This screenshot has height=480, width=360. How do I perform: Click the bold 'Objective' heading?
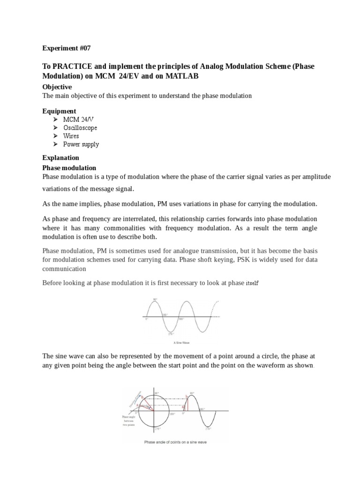57,87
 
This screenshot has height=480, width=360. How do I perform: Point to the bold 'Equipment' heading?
59,111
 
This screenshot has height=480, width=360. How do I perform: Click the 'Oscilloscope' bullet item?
81,128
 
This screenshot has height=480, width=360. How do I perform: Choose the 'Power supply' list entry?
81,144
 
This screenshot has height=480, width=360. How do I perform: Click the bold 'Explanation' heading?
61,157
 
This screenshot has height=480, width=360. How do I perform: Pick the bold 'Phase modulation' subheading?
69,168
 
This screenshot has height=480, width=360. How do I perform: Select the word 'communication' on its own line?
64,269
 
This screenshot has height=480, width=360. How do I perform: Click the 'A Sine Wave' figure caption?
181,342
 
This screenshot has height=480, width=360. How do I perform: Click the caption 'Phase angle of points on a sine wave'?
176,442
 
